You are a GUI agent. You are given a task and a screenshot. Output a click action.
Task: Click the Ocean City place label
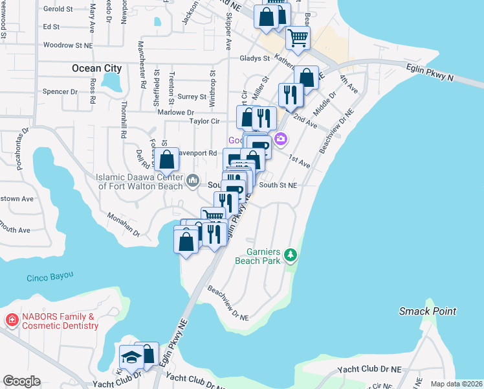click(96, 68)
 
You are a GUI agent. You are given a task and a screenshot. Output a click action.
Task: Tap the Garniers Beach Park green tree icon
click(291, 255)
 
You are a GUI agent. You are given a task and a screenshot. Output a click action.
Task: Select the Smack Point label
click(427, 311)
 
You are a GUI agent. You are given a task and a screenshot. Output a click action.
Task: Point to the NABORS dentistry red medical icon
click(11, 320)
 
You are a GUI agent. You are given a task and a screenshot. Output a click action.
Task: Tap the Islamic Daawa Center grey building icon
click(192, 180)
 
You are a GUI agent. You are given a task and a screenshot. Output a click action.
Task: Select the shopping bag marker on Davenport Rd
click(167, 159)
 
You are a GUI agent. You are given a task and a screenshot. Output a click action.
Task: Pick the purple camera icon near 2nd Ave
click(280, 139)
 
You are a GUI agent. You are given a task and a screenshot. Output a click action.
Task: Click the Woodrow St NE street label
click(67, 45)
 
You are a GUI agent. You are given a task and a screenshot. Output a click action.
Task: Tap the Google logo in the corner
click(21, 381)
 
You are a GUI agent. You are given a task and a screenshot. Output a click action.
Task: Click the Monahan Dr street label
click(123, 224)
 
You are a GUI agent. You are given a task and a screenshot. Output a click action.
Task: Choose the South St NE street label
click(278, 185)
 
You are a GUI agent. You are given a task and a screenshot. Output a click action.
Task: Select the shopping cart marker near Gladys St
click(298, 38)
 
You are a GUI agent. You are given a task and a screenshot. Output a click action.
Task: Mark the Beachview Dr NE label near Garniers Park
click(228, 305)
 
